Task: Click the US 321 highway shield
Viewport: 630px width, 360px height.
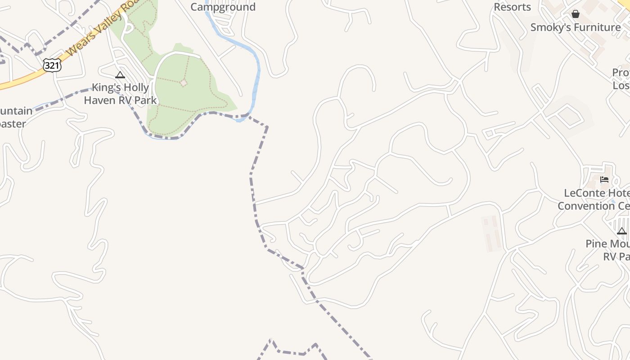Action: click(x=52, y=65)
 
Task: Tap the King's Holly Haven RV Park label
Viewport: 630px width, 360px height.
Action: click(x=120, y=94)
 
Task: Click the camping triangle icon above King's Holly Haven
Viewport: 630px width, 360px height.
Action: click(x=120, y=75)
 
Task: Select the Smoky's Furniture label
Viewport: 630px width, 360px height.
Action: click(x=576, y=27)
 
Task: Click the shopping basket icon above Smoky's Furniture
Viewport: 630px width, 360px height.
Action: click(x=575, y=14)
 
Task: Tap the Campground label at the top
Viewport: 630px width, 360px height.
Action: click(x=223, y=7)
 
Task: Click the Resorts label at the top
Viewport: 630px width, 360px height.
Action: click(x=512, y=7)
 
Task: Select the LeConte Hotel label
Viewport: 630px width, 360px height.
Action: click(x=597, y=193)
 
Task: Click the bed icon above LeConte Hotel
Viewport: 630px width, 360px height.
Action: click(x=604, y=180)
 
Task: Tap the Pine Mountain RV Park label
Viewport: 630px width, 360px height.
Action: click(x=607, y=250)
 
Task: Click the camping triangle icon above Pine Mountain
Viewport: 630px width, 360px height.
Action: click(x=621, y=231)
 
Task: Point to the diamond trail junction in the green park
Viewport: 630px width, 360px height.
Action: click(x=183, y=83)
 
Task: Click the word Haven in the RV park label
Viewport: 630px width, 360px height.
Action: click(x=99, y=100)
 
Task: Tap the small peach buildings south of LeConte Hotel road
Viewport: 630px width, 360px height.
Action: click(x=491, y=233)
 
